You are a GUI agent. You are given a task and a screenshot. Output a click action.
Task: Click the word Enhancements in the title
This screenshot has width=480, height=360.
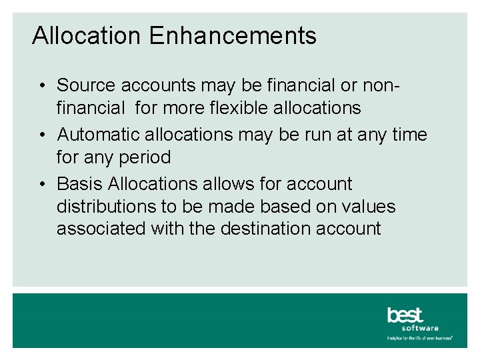[233, 35]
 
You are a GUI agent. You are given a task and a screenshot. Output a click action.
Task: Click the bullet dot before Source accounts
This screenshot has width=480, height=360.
[42, 86]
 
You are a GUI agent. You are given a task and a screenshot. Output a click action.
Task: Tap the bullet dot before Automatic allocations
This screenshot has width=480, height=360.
[42, 135]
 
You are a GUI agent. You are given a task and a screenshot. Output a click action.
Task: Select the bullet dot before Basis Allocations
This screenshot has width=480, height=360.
[42, 184]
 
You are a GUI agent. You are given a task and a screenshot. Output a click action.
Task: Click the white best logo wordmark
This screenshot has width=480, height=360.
[405, 315]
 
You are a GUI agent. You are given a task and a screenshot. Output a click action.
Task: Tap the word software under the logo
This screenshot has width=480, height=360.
[420, 328]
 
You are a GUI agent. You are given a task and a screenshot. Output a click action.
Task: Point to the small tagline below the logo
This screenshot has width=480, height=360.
[420, 338]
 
